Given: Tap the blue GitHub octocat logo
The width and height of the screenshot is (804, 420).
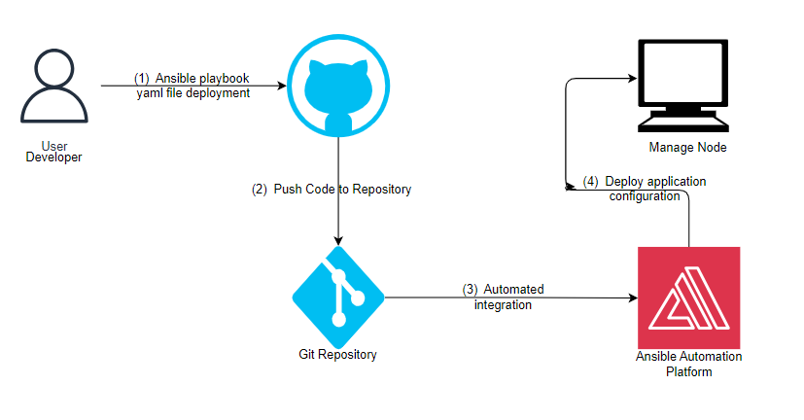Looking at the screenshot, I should (x=337, y=86).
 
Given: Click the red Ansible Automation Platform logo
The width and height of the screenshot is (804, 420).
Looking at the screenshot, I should (x=688, y=297).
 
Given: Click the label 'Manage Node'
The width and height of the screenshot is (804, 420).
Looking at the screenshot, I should (x=687, y=148).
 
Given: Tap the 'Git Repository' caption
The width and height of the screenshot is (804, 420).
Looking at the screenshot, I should (x=337, y=355).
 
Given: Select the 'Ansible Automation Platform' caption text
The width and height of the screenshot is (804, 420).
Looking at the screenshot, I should (x=688, y=364).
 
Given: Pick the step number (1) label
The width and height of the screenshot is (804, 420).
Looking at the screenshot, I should (x=142, y=79).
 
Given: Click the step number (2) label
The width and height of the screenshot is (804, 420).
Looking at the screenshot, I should (x=260, y=190).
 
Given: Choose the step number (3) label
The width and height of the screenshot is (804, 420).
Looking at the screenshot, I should (x=470, y=290).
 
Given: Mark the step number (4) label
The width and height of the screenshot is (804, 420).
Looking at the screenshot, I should (x=591, y=182).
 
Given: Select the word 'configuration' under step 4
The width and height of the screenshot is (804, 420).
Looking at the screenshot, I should (x=646, y=196).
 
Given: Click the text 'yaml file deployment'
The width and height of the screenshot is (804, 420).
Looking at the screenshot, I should (x=193, y=93).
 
